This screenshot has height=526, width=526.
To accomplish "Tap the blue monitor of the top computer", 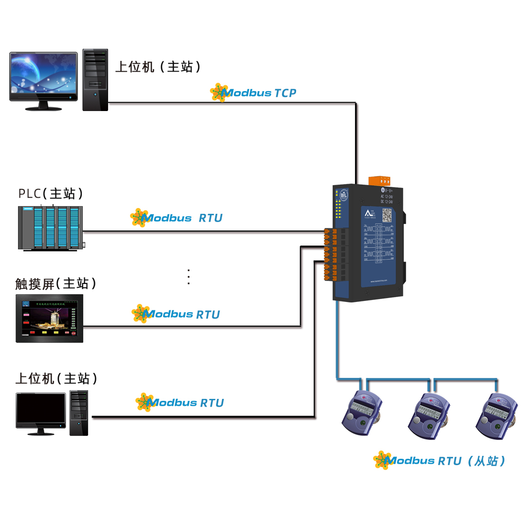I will pyautogui.click(x=43, y=77).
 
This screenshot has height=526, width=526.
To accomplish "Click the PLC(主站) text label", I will pyautogui.click(x=51, y=193).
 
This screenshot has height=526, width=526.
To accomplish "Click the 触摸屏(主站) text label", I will pyautogui.click(x=56, y=283).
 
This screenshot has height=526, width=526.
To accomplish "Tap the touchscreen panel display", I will pyautogui.click(x=49, y=318).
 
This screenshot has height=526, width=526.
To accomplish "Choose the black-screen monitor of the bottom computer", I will pyautogui.click(x=41, y=411).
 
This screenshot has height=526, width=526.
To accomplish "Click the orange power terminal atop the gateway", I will pyautogui.click(x=379, y=180).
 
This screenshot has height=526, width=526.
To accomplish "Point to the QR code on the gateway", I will pyautogui.click(x=387, y=215).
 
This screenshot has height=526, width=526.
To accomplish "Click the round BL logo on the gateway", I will pyautogui.click(x=344, y=194).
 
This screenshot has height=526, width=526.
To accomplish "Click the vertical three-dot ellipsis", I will pyautogui.click(x=188, y=277).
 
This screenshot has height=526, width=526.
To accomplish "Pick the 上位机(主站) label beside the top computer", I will pyautogui.click(x=158, y=67).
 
